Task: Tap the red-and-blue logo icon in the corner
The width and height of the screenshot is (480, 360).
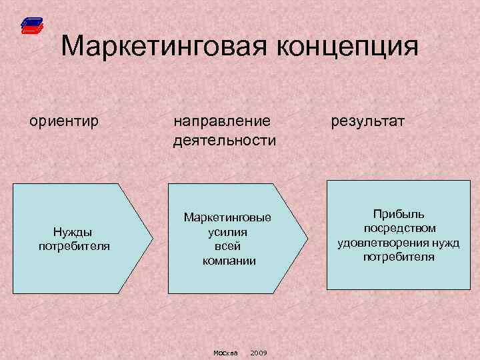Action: (x=31, y=26)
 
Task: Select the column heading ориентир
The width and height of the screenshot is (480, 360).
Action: (x=63, y=121)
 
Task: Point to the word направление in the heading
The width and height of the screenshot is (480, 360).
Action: (x=222, y=121)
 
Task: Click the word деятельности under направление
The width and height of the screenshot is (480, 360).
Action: (x=224, y=140)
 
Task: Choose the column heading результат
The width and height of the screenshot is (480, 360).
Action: (x=367, y=121)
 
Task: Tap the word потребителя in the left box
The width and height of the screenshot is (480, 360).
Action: (x=74, y=245)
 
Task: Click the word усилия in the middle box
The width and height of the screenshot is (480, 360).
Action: (x=227, y=232)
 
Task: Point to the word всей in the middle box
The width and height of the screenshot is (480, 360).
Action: (x=228, y=246)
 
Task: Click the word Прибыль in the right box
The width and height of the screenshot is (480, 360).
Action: (x=399, y=215)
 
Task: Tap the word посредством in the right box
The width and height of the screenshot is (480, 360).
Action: (x=399, y=229)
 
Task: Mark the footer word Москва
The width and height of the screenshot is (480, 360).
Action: (x=225, y=353)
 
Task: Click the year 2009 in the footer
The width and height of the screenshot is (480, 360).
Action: (x=259, y=353)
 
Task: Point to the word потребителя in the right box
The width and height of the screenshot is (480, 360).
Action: (x=399, y=257)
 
